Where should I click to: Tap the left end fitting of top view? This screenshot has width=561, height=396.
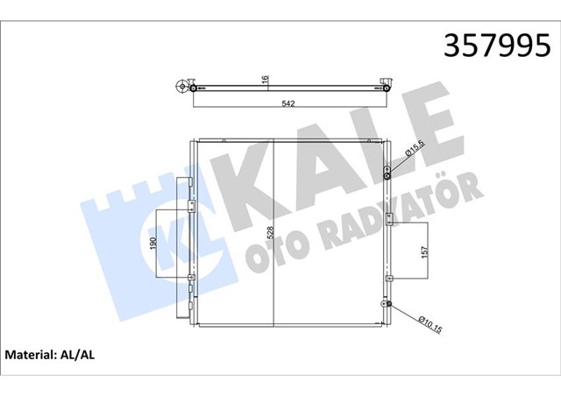tap(183, 87)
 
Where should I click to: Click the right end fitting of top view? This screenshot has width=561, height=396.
tap(387, 87)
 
